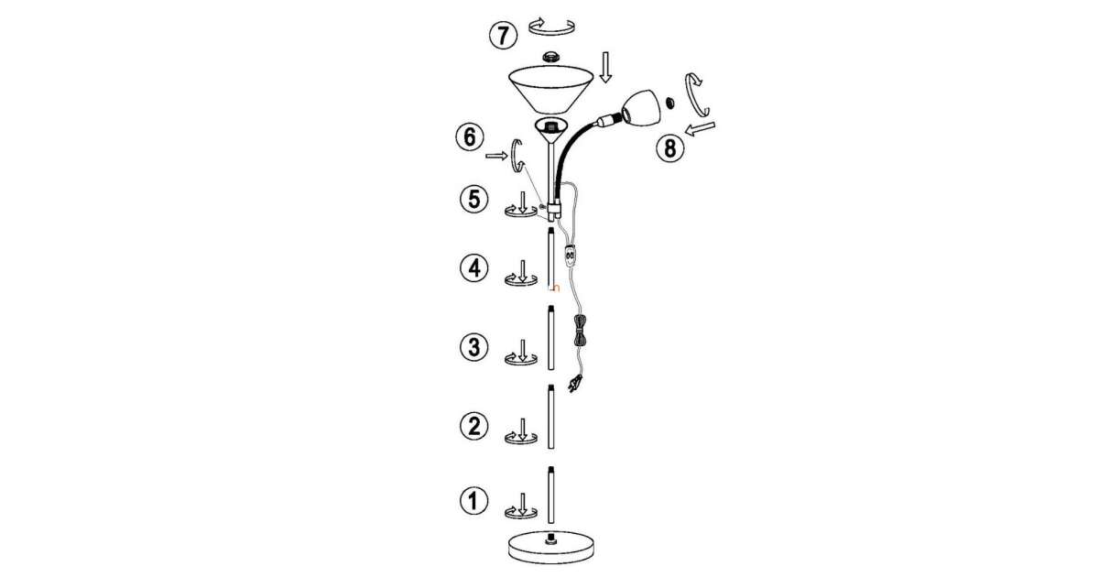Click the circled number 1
473,500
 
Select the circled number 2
473,425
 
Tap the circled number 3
473,347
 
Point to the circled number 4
473,268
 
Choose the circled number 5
473,200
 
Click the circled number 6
470,136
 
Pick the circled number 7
503,36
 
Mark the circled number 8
670,147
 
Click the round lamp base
551,548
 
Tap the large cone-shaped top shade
551,90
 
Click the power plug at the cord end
575,383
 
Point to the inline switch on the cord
569,255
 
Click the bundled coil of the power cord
580,332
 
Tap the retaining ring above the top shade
551,56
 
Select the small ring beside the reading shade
669,103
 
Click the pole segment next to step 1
551,495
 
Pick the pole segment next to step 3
551,338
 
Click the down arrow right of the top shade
606,67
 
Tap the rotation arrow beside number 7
551,27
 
